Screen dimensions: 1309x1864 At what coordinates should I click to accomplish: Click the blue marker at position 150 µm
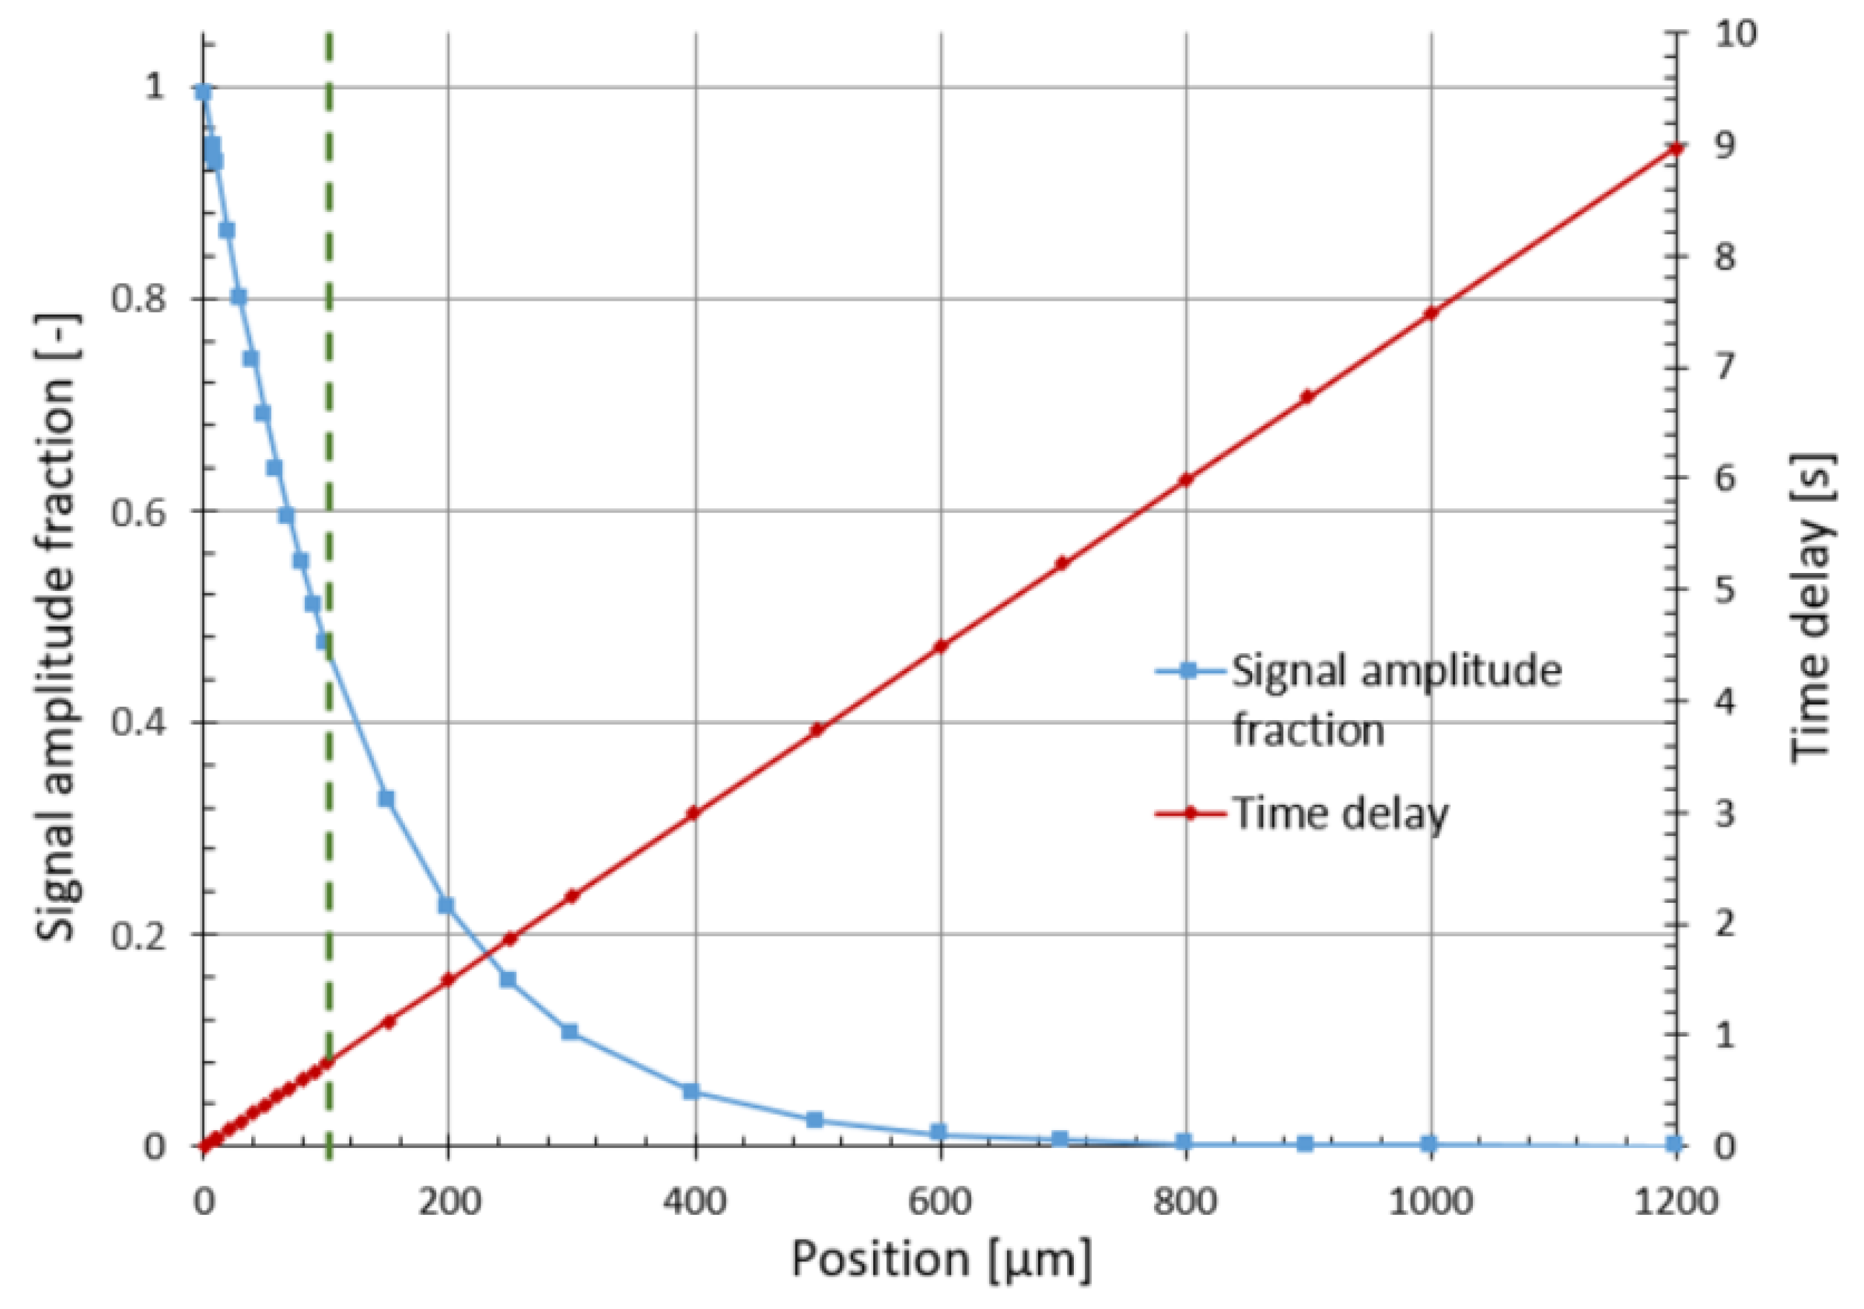[386, 798]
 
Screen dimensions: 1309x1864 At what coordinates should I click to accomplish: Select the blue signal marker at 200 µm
[445, 905]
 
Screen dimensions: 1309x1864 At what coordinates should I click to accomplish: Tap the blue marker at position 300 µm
[569, 1031]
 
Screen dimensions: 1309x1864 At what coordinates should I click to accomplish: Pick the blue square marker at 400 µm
[691, 1090]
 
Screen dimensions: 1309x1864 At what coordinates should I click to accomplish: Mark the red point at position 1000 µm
[1430, 313]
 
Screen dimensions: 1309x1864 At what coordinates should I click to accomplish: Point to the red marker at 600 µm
[941, 646]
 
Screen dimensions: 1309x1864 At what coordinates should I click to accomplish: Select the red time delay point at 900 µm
[1307, 396]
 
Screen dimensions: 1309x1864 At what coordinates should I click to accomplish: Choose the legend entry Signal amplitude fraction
[1397, 700]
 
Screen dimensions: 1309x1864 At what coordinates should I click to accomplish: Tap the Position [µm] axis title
[942, 1260]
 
